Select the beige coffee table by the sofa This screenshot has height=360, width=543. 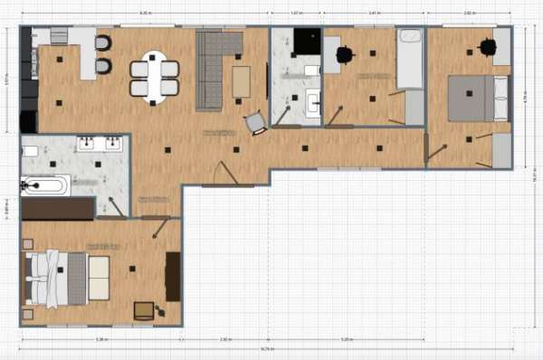pyautogui.click(x=242, y=81)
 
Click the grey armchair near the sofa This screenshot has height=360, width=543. pyautogui.click(x=256, y=122)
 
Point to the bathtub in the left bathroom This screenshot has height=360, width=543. pyautogui.click(x=44, y=185)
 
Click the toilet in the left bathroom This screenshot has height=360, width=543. pyautogui.click(x=29, y=150)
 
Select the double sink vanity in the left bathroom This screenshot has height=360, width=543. pyautogui.click(x=99, y=143)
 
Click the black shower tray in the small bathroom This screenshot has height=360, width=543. pyautogui.click(x=307, y=42)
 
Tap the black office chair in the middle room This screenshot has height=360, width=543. pyautogui.click(x=344, y=55)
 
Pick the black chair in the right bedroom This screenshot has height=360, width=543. pyautogui.click(x=488, y=47)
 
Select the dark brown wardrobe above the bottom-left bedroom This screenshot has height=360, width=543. pyautogui.click(x=58, y=209)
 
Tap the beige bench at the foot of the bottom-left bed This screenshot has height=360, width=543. pyautogui.click(x=98, y=278)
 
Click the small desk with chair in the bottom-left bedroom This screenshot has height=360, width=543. pyautogui.click(x=145, y=310)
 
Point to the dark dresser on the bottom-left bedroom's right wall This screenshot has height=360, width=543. pyautogui.click(x=173, y=277)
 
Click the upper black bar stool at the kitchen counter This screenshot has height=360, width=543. pyautogui.click(x=103, y=43)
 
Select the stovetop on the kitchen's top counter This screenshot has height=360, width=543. pyautogui.click(x=59, y=35)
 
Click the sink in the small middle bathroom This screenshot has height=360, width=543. pyautogui.click(x=313, y=102)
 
